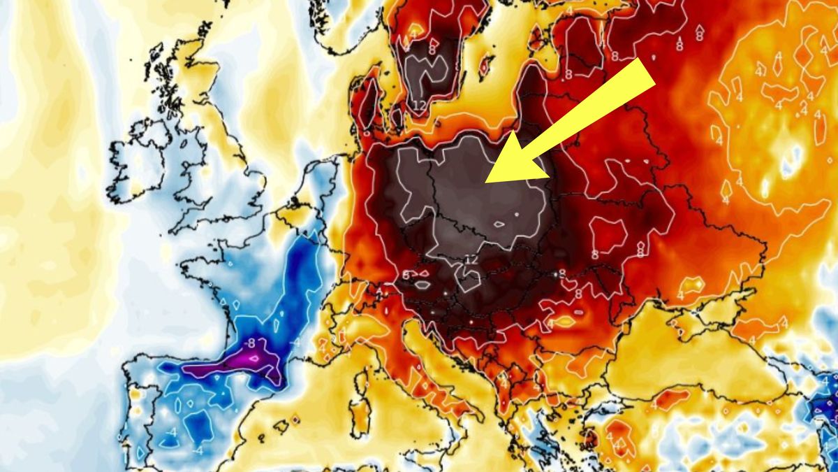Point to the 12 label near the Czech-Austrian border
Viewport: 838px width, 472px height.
[x=470, y=259]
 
